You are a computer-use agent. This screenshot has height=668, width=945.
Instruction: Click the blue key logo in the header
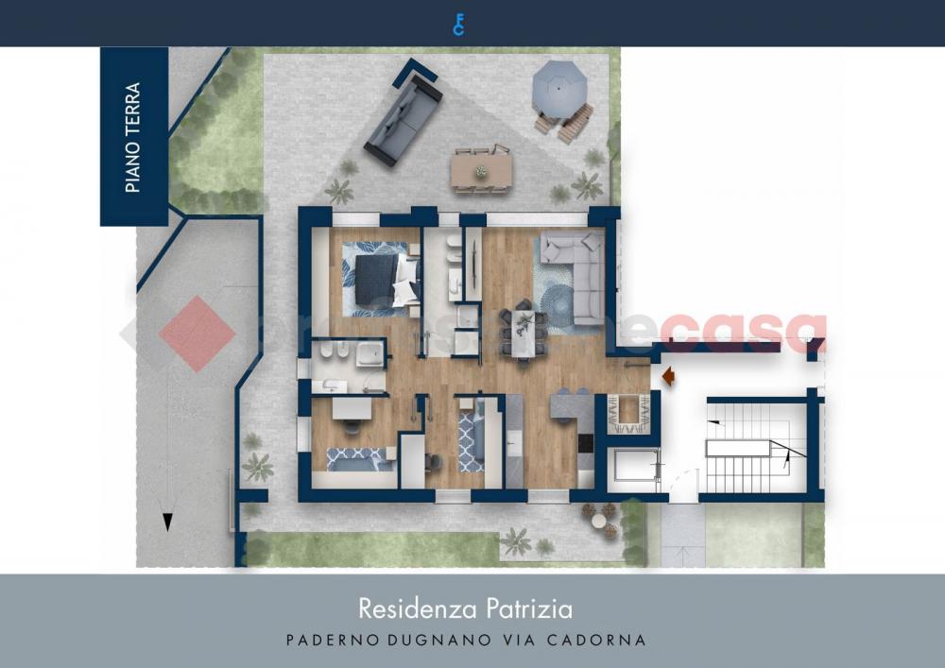tap(458, 24)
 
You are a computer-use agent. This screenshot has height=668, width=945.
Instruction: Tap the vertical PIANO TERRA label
tap(133, 138)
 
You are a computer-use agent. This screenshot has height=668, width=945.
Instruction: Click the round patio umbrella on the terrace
tap(559, 87)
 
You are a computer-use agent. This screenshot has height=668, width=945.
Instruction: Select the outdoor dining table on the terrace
tap(482, 170)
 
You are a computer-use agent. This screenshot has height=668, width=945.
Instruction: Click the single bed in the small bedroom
tap(360, 458)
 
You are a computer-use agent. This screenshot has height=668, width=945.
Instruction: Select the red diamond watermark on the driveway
tap(197, 333)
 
